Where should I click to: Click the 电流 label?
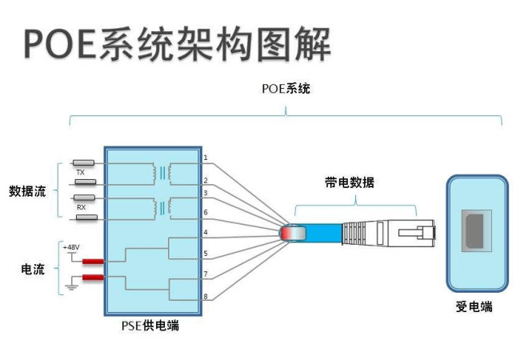click(32, 269)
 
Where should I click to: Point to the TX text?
click(80, 172)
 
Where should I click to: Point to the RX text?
click(80, 206)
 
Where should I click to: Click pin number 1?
click(206, 158)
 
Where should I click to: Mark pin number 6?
click(206, 212)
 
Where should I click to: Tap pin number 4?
click(206, 233)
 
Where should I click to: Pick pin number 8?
click(206, 297)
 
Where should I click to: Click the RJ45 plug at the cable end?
click(408, 233)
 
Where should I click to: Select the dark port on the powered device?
click(476, 233)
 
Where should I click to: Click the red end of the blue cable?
click(290, 233)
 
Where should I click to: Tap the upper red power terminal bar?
click(92, 262)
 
